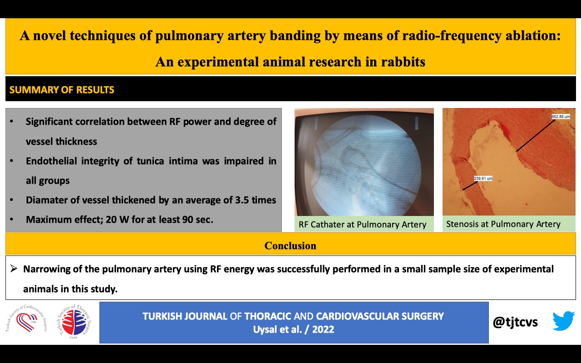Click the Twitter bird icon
click(x=564, y=321)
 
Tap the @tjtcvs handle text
click(x=515, y=322)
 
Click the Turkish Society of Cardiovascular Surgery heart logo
click(x=26, y=319)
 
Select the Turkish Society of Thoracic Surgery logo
click(x=74, y=322)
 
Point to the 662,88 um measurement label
click(x=561, y=117)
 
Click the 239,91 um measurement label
click(x=483, y=178)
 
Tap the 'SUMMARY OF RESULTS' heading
click(x=62, y=90)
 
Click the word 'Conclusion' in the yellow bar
click(x=290, y=245)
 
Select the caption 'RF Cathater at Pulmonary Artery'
click(x=362, y=224)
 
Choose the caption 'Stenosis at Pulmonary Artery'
click(x=503, y=224)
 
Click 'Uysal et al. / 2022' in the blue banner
click(x=294, y=329)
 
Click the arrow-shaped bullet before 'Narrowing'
click(x=14, y=269)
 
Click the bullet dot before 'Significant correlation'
click(x=11, y=121)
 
